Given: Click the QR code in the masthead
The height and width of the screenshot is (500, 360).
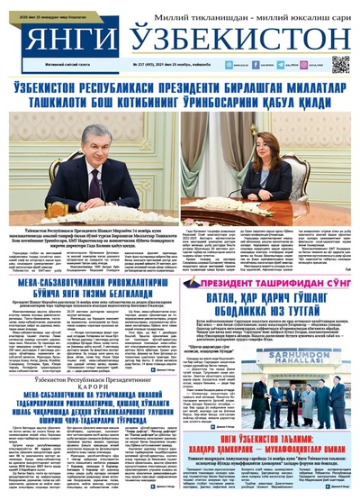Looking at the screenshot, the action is coord(339,64).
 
